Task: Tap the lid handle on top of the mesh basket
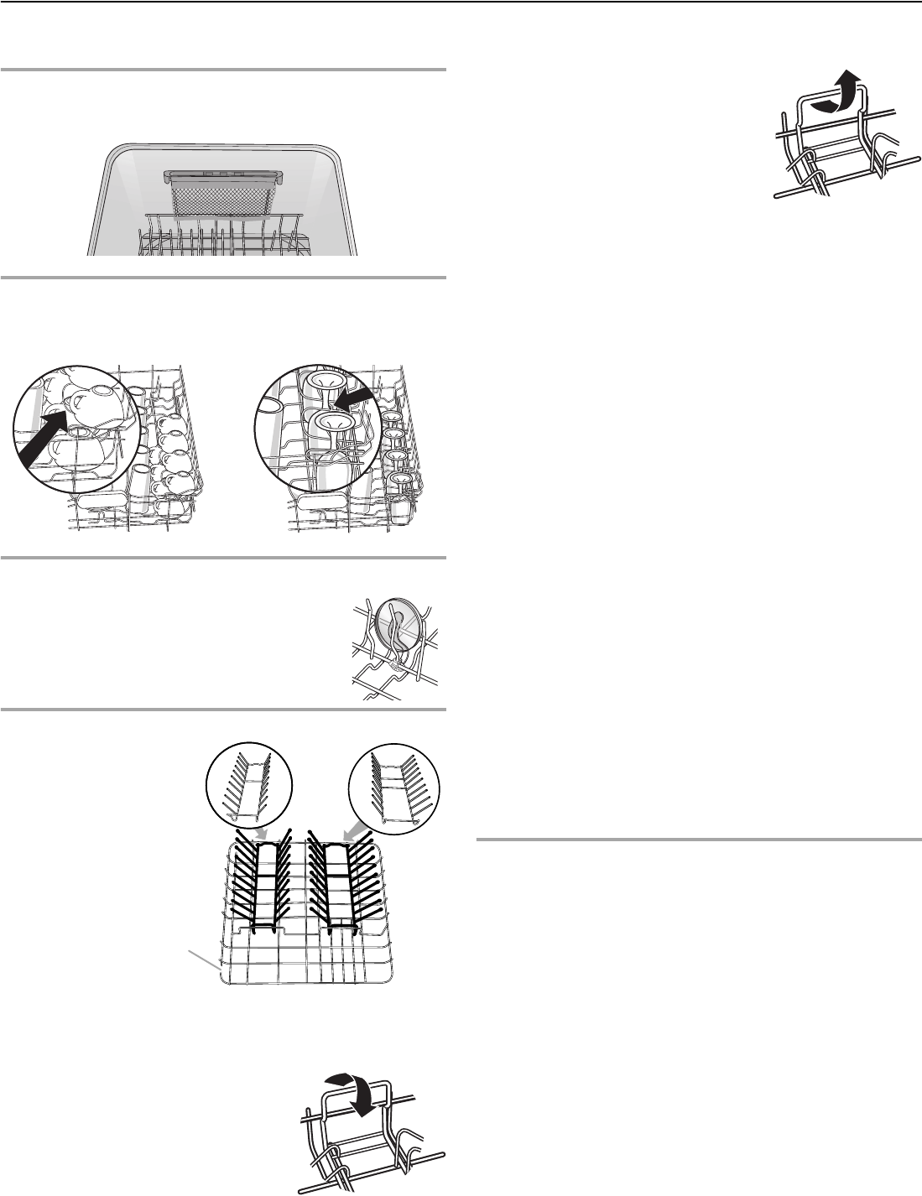point(224,175)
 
